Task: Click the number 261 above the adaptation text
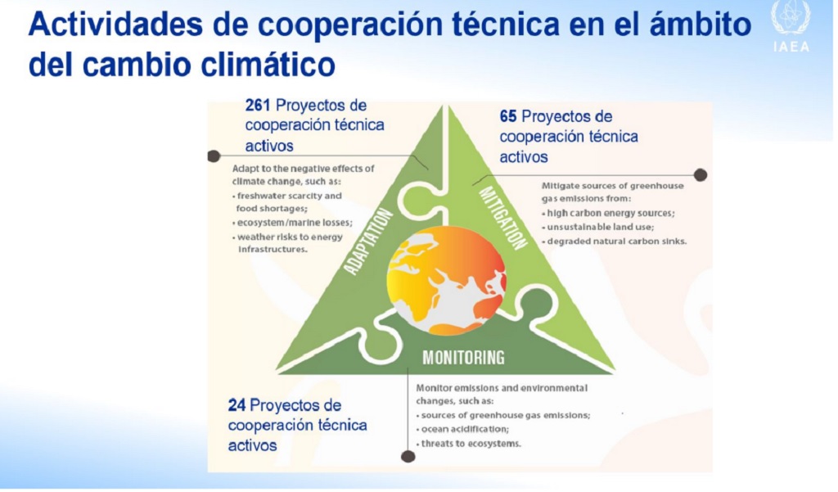click(x=257, y=106)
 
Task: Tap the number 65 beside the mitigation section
click(x=507, y=116)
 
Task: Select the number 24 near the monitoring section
click(x=237, y=405)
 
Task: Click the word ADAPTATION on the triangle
click(x=368, y=241)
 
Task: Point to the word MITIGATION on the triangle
click(x=503, y=218)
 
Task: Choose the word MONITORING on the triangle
click(x=463, y=357)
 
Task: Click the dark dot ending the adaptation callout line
click(x=214, y=156)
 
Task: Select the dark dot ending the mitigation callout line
click(x=701, y=175)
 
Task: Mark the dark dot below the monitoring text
click(x=408, y=456)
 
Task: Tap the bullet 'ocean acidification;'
click(x=463, y=429)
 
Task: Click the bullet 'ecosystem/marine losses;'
click(x=292, y=223)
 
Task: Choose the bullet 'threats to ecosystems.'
click(x=469, y=444)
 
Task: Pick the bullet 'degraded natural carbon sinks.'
click(x=615, y=241)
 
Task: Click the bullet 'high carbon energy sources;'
click(x=609, y=213)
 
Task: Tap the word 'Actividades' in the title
click(x=115, y=25)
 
